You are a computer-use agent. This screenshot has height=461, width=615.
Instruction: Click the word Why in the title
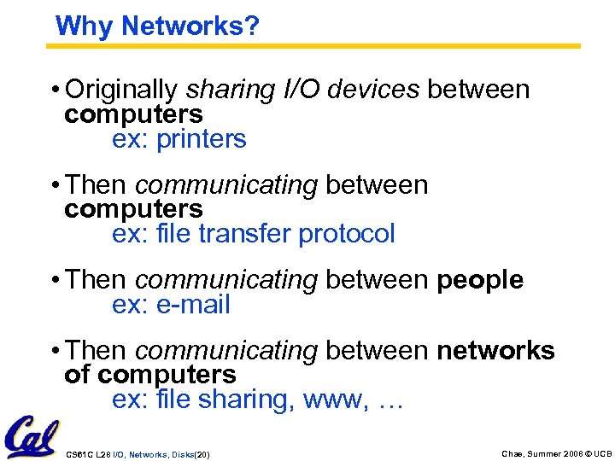(84, 26)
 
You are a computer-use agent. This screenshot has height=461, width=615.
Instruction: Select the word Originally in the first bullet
(121, 90)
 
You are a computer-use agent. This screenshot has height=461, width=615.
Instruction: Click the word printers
(202, 139)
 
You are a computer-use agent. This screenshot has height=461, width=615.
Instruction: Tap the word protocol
(347, 234)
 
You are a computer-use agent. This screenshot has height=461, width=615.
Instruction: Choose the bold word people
(480, 279)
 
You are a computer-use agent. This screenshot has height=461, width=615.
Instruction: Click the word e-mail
(194, 305)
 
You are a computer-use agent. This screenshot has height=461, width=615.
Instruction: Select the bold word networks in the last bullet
(496, 350)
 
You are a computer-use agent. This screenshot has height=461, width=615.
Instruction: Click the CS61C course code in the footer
(79, 454)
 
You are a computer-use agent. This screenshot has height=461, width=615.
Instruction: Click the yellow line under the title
(316, 45)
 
